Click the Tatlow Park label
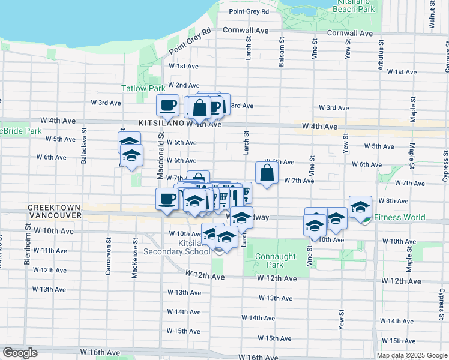[x=143, y=88]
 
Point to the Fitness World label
[x=399, y=218]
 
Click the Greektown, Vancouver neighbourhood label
[x=54, y=211]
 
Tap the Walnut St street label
[x=432, y=16]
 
